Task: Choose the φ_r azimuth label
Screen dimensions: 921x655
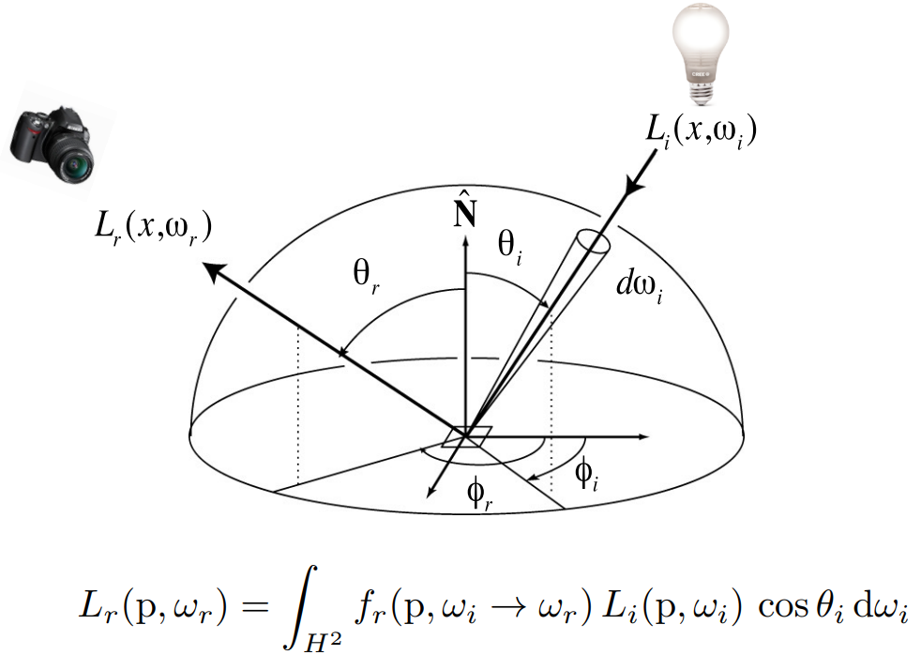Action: click(480, 496)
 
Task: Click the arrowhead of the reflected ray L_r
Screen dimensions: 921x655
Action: click(213, 271)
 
